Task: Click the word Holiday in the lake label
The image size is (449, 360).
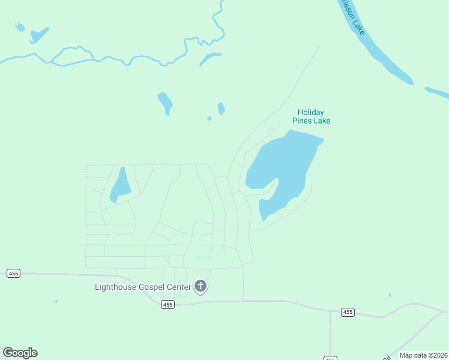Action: (x=311, y=112)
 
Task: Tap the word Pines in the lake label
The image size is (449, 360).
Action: (x=302, y=121)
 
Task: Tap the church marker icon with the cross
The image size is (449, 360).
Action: (x=200, y=287)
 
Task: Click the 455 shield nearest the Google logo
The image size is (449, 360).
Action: (x=14, y=273)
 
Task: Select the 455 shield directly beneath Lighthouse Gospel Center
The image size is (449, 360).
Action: (x=167, y=305)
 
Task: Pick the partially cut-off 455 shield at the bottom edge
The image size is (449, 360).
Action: (x=330, y=358)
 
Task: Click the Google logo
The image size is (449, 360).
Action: (x=20, y=353)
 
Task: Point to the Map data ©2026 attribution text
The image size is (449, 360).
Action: (x=423, y=355)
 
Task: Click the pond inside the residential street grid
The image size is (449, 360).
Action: (x=120, y=186)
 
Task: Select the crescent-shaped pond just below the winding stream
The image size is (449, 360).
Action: (x=210, y=58)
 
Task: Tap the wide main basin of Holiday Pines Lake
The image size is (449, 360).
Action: (x=282, y=162)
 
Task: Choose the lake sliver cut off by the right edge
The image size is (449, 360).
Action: (x=438, y=93)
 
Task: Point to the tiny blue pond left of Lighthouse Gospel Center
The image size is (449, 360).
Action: (x=56, y=301)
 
